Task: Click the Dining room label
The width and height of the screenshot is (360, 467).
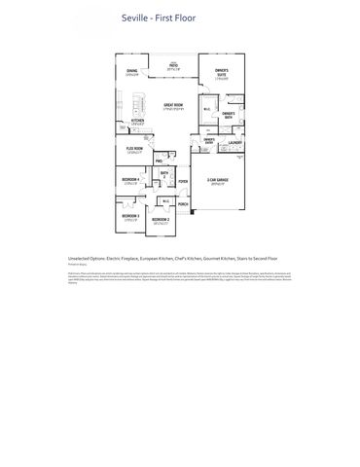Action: coord(131,72)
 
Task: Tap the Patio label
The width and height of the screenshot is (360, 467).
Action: coord(174,66)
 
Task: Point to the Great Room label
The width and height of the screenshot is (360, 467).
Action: coord(175,104)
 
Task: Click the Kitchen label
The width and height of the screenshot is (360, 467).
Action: coord(137,121)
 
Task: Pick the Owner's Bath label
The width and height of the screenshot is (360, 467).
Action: coord(228,114)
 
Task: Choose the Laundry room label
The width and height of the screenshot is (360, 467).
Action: coord(234,143)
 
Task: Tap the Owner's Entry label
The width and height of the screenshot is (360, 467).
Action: coord(208,140)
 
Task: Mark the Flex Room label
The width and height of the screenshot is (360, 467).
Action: coord(134,149)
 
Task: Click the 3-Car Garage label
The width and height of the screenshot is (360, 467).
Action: coord(216,181)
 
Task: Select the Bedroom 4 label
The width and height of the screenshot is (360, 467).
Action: coord(130,180)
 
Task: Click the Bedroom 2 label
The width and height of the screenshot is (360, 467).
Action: coord(161,220)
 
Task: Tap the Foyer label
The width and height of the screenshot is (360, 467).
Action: coord(182,181)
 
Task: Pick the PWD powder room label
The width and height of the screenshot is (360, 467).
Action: coord(158,162)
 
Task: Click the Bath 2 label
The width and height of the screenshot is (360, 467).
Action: coord(164,175)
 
